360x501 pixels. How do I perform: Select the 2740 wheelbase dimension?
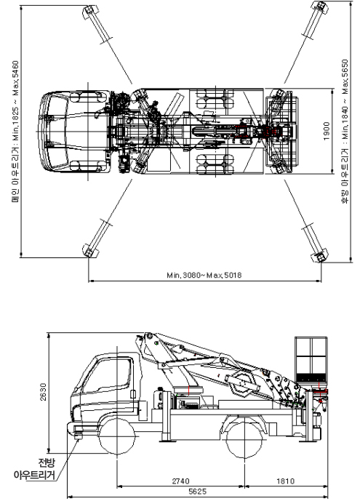[180, 481]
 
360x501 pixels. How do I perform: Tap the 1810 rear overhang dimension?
[285, 481]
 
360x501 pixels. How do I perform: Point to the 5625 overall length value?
[197, 492]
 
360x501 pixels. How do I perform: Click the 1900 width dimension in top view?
[326, 131]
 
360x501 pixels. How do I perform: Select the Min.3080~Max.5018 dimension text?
[204, 275]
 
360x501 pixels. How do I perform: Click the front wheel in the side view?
[117, 436]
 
